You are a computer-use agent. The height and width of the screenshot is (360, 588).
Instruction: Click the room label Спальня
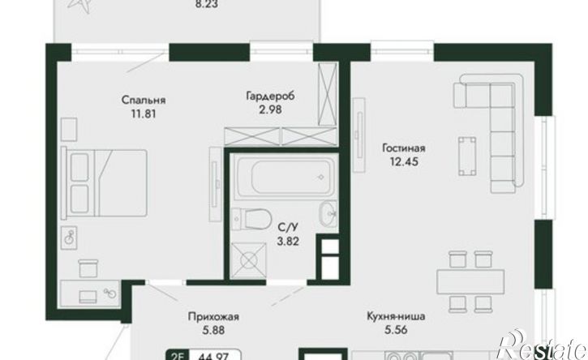tap(144, 101)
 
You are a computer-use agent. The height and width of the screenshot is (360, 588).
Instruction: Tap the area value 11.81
tap(144, 114)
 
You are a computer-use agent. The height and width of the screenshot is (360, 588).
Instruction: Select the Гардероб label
tap(270, 96)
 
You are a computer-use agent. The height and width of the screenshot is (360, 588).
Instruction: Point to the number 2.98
tap(270, 110)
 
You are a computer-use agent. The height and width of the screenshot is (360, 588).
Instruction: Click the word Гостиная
tap(404, 148)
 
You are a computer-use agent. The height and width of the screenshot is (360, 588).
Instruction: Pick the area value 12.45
tap(404, 162)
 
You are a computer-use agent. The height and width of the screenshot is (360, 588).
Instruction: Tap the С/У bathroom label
tap(288, 227)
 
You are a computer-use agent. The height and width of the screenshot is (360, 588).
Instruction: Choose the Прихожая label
tap(213, 317)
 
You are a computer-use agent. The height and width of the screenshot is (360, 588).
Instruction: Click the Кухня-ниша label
tap(396, 316)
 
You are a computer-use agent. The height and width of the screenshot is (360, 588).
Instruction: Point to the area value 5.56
tap(396, 330)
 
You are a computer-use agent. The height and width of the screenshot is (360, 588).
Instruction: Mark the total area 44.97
tap(215, 356)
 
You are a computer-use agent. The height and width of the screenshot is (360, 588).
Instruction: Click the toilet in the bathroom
tap(251, 219)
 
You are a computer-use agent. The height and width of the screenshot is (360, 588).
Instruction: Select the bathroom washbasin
tap(329, 213)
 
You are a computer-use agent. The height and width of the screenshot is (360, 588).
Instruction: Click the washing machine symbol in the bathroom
tap(249, 261)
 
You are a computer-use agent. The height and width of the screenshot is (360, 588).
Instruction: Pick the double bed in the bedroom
tap(104, 183)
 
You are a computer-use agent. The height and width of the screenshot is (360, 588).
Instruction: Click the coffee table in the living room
tap(467, 156)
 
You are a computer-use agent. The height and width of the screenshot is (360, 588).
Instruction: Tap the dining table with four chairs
tap(470, 281)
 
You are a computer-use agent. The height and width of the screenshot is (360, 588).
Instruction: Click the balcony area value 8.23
tap(206, 4)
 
